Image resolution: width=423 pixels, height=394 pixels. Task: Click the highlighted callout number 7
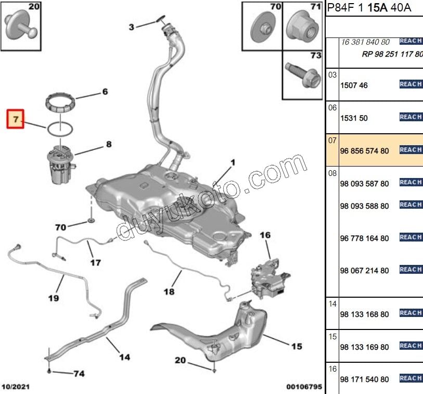pos(16,119)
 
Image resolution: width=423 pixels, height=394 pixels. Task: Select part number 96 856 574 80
pos(364,151)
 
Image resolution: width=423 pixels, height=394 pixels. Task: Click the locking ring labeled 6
pos(61,101)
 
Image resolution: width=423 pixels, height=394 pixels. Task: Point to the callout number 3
pos(131,27)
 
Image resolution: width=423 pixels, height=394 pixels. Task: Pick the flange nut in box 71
pos(303,27)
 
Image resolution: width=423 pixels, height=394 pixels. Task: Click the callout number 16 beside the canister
pos(265,235)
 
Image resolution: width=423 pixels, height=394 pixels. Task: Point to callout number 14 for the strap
pos(124,357)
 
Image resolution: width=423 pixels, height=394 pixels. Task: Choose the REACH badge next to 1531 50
pos(411,117)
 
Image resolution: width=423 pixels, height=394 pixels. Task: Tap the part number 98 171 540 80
pos(364,379)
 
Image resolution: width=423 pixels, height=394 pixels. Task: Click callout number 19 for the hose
pos(53,298)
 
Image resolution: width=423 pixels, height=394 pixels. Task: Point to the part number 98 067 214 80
pos(364,271)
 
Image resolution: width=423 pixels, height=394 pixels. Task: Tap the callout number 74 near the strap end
pos(78,373)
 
